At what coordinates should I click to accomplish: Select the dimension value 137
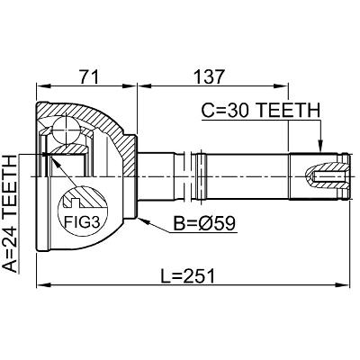coord(210,77)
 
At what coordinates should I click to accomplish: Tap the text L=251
coord(188,276)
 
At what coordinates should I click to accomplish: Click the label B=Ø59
coord(205,223)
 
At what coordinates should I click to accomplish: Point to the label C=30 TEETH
coord(260,110)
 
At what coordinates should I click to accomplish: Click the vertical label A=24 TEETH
coord(12,214)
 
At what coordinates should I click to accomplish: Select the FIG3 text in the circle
coord(82,221)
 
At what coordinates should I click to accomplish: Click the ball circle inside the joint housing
coord(66,130)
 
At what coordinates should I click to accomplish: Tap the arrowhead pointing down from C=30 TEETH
coord(320,146)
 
